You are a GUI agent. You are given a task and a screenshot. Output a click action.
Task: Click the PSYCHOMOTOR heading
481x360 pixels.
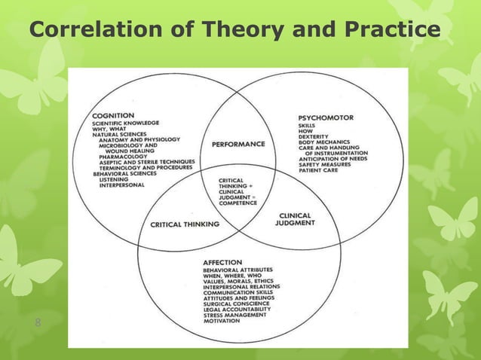[326, 118]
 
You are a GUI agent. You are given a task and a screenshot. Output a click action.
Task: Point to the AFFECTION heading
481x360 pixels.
[224, 262]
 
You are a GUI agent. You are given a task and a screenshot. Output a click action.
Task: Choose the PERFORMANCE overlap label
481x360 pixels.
[238, 143]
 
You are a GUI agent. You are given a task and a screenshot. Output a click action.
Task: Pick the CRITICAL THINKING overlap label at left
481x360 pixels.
[185, 224]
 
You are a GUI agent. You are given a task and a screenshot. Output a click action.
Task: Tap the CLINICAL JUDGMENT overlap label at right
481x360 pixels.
[293, 219]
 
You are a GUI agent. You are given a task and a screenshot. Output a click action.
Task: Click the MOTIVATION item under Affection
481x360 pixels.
[222, 322]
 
